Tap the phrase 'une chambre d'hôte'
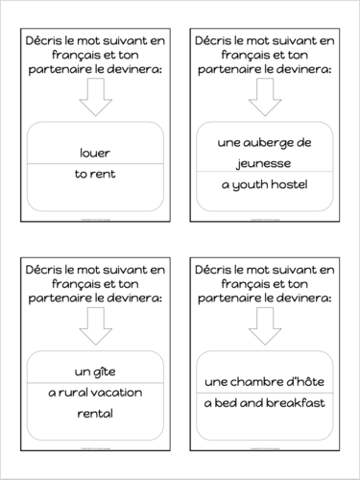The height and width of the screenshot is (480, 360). [x=265, y=383]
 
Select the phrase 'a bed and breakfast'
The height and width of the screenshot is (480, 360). [x=265, y=403]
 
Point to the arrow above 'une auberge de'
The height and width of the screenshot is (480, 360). [x=265, y=98]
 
